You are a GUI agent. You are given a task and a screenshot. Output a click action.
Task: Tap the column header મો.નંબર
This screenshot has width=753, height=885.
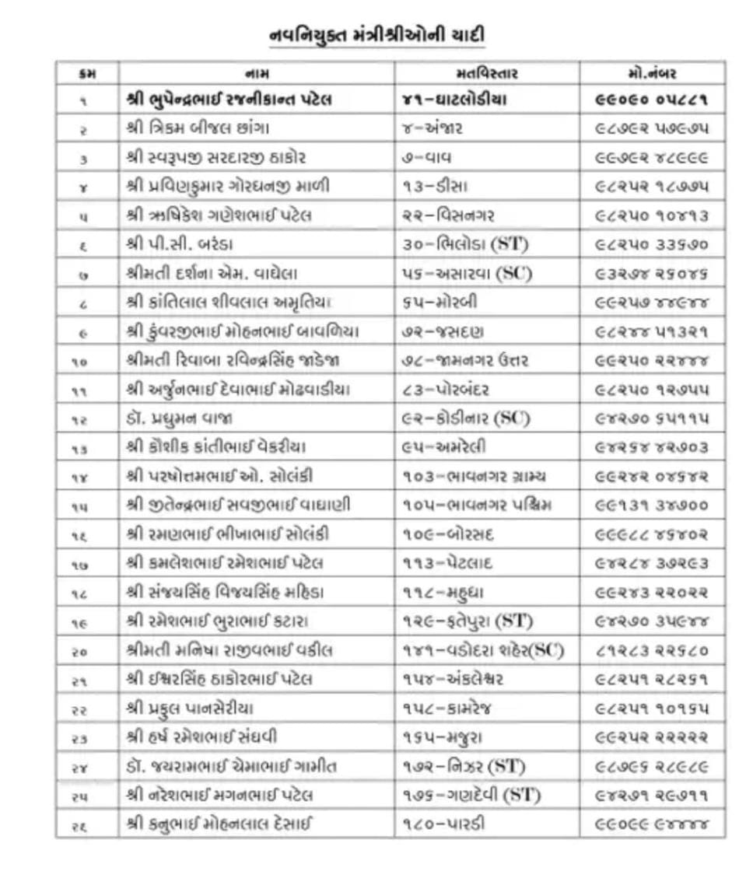tap(652, 74)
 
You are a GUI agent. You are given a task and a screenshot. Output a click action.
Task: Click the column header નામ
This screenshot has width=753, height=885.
tap(257, 74)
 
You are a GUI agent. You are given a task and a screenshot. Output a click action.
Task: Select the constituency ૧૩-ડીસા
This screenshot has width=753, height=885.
tap(435, 187)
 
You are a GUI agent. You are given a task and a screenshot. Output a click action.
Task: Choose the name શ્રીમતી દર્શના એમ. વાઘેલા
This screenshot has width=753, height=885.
tap(211, 274)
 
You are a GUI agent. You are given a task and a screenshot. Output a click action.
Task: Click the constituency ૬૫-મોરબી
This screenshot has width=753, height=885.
tap(440, 303)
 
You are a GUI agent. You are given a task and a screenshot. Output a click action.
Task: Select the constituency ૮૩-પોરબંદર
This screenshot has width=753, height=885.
tap(446, 390)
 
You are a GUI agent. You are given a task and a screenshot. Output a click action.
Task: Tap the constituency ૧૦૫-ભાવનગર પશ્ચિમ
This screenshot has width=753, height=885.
tap(477, 505)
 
